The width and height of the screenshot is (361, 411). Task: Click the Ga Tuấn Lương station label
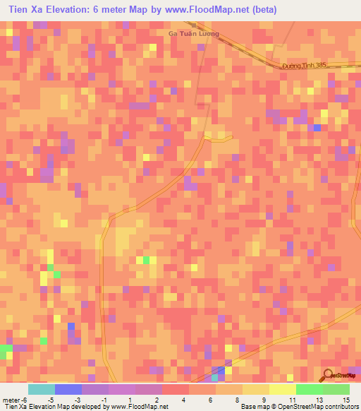click(194, 34)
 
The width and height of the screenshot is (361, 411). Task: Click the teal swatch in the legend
click(41, 389)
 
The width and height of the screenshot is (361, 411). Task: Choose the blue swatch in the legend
click(68, 389)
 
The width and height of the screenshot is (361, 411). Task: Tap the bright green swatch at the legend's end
click(336, 389)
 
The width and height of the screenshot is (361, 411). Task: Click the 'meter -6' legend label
click(16, 400)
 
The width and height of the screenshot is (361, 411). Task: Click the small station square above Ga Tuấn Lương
click(192, 25)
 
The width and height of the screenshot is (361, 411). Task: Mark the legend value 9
click(263, 400)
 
